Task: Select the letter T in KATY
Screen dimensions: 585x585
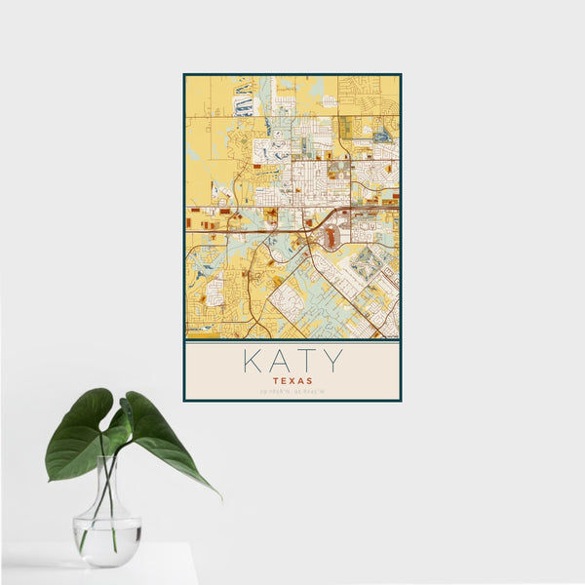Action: coord(305,361)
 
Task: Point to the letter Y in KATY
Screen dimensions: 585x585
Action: coord(332,361)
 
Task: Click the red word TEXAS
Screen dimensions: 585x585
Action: coord(292,381)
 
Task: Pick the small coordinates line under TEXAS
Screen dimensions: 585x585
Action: coord(292,392)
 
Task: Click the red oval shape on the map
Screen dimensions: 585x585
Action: coord(332,237)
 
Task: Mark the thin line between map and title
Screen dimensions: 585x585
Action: coord(292,342)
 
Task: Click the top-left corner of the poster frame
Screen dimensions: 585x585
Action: coord(184,74)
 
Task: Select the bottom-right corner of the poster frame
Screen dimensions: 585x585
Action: coord(401,401)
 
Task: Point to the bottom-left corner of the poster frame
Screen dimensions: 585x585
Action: coord(184,401)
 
